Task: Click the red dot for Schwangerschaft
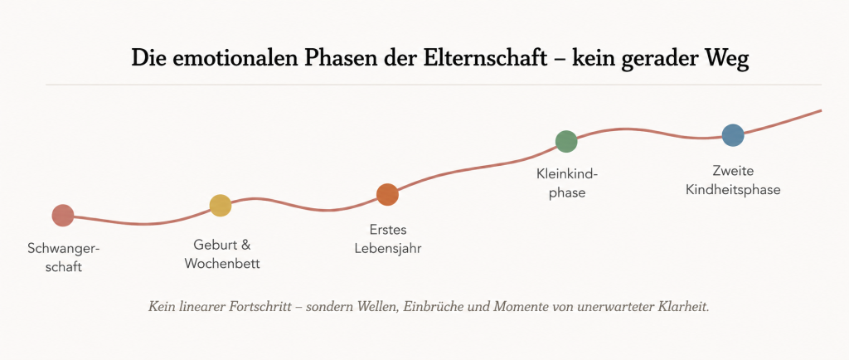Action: [63, 216]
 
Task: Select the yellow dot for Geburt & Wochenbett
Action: [221, 206]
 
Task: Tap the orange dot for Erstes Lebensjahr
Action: [387, 195]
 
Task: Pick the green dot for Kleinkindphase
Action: [566, 142]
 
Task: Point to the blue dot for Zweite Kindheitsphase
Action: [733, 135]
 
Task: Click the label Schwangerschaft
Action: [64, 258]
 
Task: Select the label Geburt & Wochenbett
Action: [222, 255]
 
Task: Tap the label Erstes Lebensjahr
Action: [388, 239]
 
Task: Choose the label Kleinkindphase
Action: [567, 183]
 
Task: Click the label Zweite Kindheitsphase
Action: [733, 181]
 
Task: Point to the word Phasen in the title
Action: [336, 58]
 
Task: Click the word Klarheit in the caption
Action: [683, 307]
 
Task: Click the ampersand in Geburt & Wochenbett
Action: [245, 246]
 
